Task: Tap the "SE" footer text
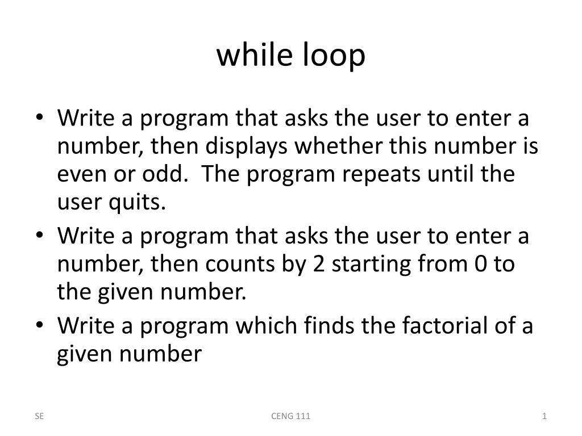[39, 416]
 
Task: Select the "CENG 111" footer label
[290, 416]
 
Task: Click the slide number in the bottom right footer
[544, 416]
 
